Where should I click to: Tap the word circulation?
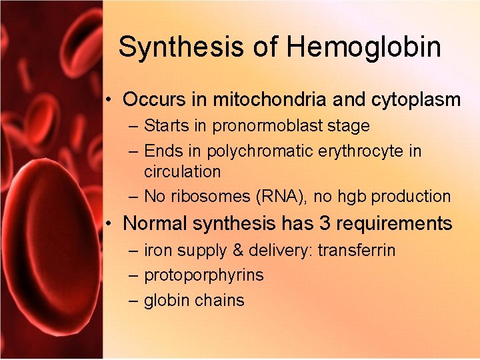182,171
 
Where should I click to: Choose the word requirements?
395,223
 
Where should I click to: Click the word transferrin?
357,251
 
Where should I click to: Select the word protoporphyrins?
204,275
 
